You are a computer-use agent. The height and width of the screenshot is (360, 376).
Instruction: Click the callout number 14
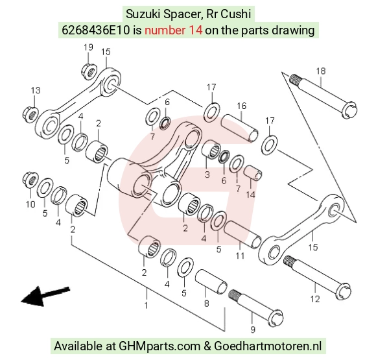click(251, 194)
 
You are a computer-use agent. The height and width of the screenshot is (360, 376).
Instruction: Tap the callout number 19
click(88, 47)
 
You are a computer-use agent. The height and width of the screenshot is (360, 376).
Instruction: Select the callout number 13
click(36, 90)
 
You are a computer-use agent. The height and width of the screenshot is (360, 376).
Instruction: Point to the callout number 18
click(321, 71)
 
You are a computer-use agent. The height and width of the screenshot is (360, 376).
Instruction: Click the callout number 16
click(241, 106)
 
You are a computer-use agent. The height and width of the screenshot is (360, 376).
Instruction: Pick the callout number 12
click(315, 299)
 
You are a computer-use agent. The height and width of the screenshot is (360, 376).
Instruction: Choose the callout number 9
click(253, 330)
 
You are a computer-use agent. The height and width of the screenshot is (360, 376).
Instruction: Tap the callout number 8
click(206, 304)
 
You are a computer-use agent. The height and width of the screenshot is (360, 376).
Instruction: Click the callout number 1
click(146, 306)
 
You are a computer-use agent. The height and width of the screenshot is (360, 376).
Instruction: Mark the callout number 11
click(240, 256)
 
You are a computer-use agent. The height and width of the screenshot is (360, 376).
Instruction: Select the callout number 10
click(30, 204)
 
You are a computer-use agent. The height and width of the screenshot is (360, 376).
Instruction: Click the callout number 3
click(207, 174)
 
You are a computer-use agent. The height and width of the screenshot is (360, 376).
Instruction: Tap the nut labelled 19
click(89, 70)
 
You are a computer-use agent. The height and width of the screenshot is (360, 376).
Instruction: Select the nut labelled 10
click(30, 180)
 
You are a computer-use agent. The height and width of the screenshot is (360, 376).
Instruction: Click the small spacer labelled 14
click(253, 173)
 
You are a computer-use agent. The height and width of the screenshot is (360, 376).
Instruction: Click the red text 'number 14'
click(173, 30)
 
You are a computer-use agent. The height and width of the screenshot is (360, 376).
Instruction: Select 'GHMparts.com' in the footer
click(159, 346)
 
